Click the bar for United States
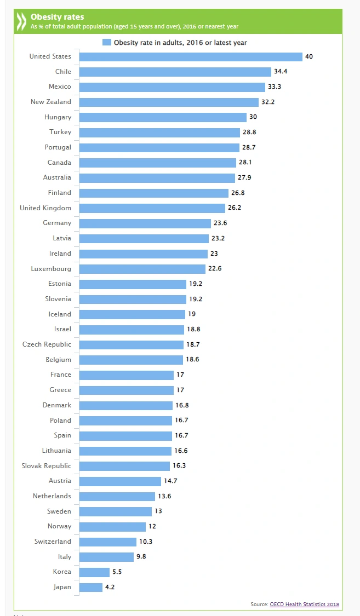coord(191,56)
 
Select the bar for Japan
coord(91,587)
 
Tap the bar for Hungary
coord(163,117)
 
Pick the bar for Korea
coord(94,572)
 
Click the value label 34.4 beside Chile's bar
coord(281,72)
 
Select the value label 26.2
coord(235,208)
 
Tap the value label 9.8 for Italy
coord(141,557)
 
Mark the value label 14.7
coord(170,481)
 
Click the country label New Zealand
coord(51,102)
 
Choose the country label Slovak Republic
coord(47,466)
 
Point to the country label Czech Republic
coord(47,344)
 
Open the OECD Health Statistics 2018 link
coord(304,605)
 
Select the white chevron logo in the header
coord(20,21)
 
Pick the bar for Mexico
coord(172,87)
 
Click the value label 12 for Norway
coord(152,526)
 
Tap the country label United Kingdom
coord(45,208)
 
